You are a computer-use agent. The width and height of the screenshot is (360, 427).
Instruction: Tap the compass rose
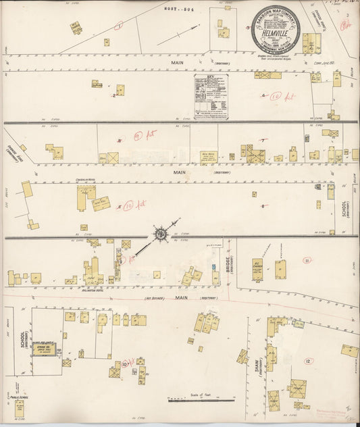click(x=161, y=234)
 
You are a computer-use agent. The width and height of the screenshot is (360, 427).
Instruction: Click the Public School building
click(x=20, y=408)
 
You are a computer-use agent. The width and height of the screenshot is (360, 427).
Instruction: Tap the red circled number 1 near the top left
click(x=119, y=26)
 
